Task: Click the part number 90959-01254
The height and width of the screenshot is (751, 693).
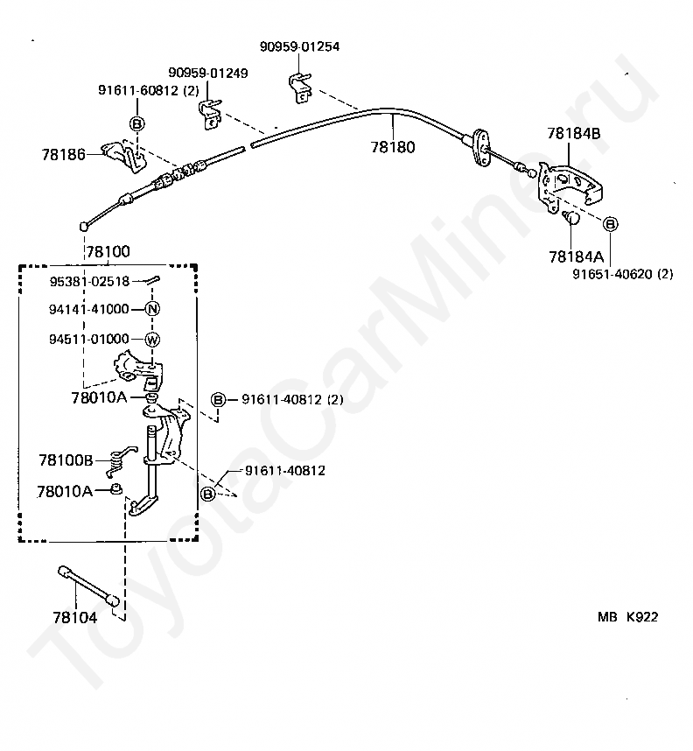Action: (299, 46)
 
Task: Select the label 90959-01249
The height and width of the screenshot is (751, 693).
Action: (208, 73)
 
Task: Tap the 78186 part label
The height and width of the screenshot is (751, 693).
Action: (63, 154)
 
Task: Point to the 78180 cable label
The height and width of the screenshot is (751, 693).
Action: (393, 147)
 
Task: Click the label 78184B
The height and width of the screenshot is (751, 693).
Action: (573, 133)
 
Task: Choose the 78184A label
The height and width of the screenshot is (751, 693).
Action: (576, 256)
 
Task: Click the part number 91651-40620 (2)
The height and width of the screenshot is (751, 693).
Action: (623, 274)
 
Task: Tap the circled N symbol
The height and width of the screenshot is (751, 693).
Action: (152, 309)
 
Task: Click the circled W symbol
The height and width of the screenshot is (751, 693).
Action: (152, 340)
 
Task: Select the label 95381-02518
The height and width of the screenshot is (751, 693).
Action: (89, 281)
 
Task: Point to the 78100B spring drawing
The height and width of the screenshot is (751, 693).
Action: (119, 460)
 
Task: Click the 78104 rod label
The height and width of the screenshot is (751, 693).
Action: (75, 617)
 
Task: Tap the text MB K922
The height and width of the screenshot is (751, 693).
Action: (627, 617)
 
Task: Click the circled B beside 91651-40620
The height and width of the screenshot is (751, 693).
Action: (610, 224)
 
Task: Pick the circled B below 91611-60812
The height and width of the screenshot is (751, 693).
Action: (137, 124)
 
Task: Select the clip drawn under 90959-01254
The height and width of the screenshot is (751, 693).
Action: (301, 88)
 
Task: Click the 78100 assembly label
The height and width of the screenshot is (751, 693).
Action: (108, 251)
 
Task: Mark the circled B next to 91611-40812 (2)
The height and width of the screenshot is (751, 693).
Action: (218, 399)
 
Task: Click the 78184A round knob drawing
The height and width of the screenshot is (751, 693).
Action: (571, 217)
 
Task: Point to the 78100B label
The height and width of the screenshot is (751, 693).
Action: (66, 460)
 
